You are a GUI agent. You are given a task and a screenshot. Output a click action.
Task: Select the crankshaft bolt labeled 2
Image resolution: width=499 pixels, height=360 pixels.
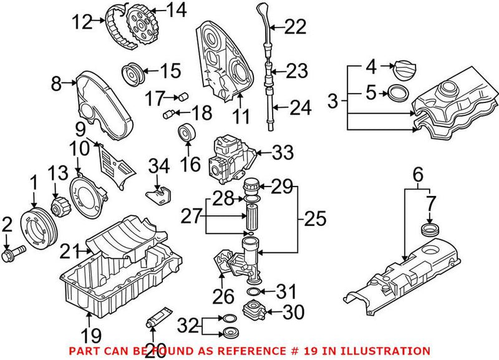[x=14, y=254]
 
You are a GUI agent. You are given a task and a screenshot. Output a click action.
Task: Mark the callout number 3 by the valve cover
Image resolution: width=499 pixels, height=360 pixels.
[x=333, y=99]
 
